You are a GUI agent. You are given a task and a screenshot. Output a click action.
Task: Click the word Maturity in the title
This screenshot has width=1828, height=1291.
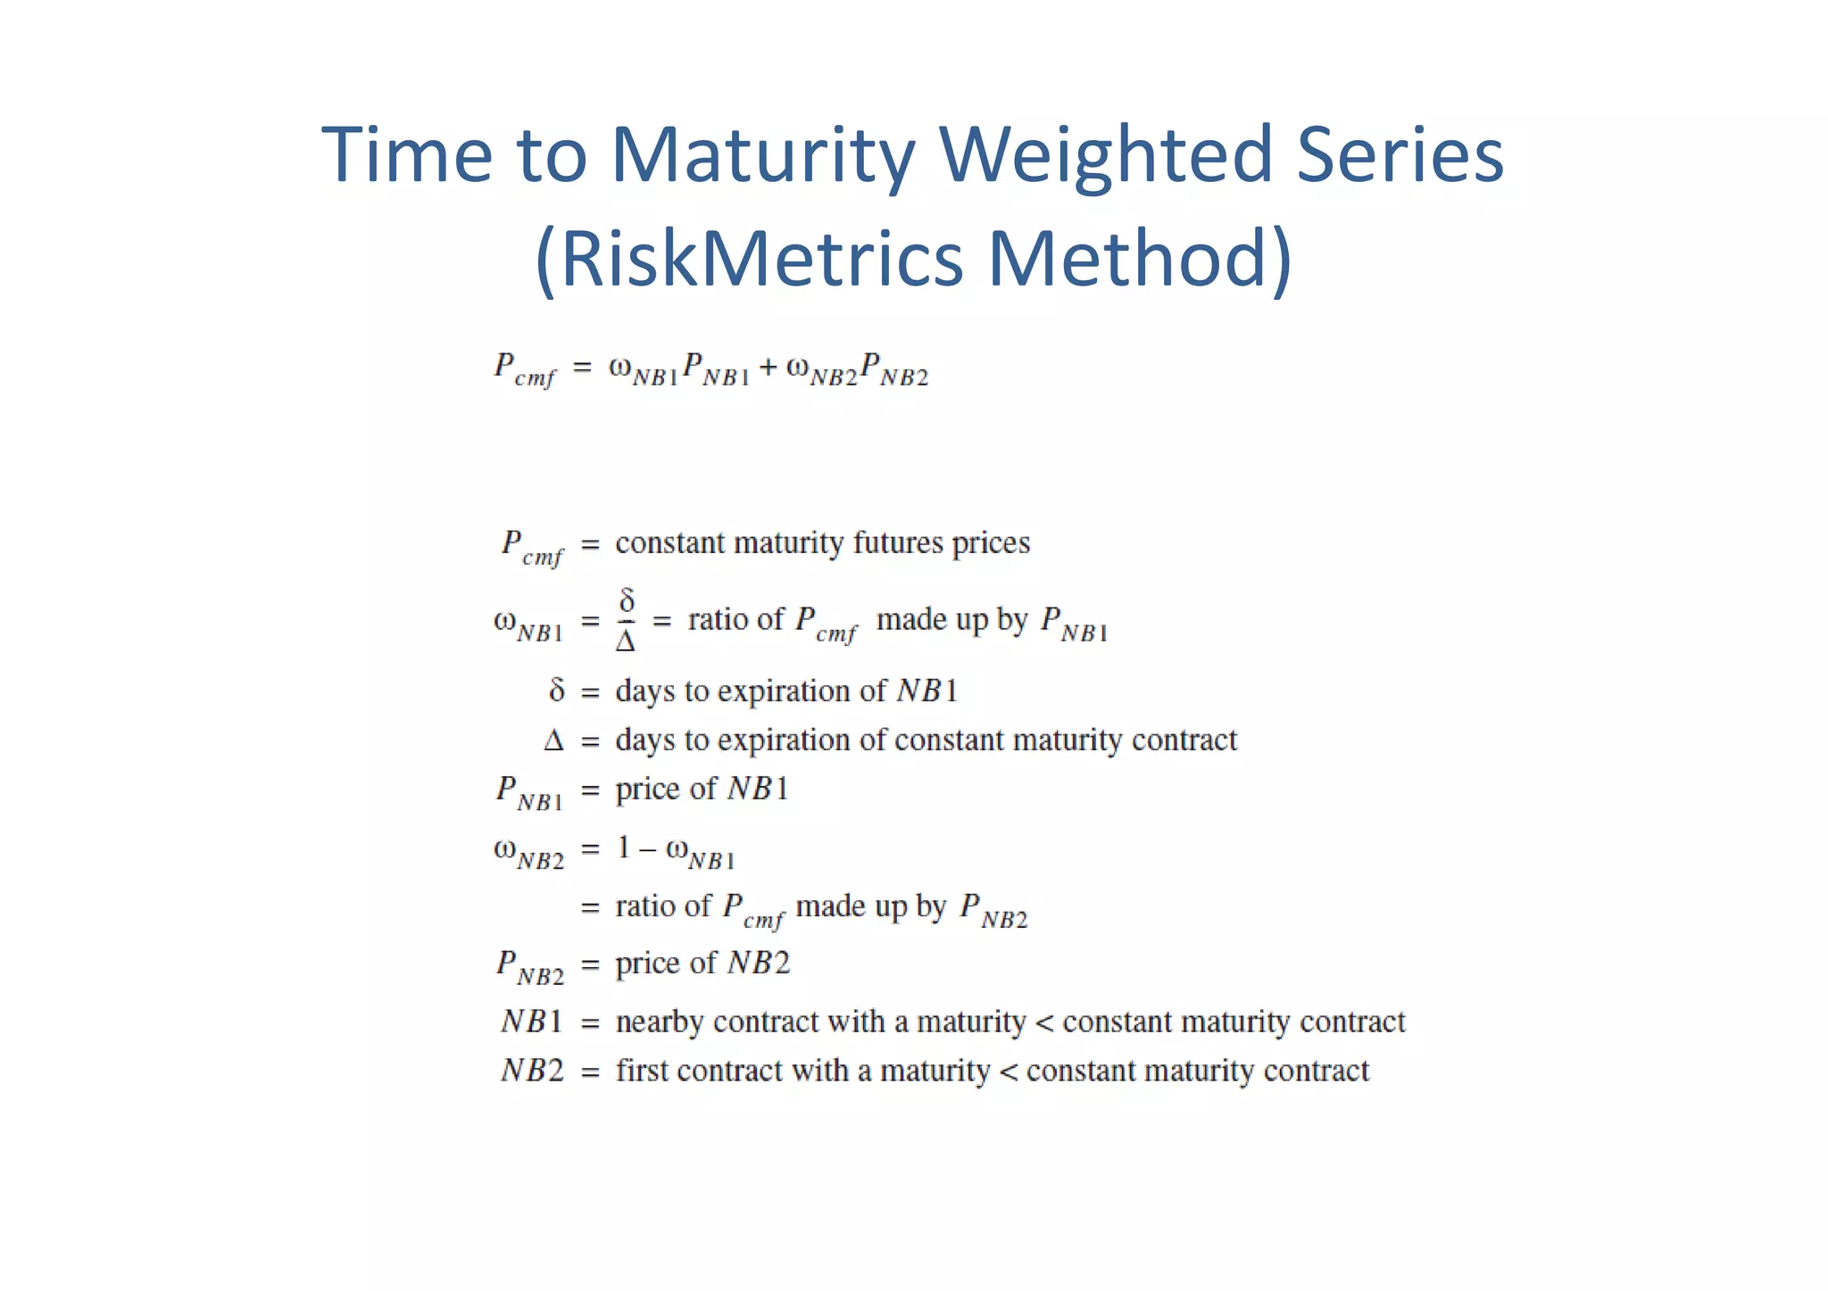[x=762, y=156]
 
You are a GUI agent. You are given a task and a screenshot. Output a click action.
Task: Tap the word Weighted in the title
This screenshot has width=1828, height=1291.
[x=1105, y=156]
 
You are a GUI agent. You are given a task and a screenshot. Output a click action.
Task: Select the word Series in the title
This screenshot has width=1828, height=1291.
[x=1400, y=156]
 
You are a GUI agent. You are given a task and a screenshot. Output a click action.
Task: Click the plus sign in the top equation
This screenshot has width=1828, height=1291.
[x=768, y=368]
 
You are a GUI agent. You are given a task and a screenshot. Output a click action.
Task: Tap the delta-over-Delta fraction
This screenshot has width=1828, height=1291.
[x=626, y=619]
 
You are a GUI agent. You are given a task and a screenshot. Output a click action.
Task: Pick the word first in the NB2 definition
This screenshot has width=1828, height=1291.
[x=642, y=1071]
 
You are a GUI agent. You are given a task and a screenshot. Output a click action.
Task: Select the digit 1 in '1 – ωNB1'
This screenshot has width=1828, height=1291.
[x=624, y=848]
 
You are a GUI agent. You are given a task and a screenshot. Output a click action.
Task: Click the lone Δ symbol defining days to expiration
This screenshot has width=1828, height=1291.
[x=553, y=741]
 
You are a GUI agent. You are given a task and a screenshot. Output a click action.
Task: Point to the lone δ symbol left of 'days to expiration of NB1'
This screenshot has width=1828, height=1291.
[x=557, y=691]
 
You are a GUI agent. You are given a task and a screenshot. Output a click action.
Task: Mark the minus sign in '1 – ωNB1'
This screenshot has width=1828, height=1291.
[x=647, y=850]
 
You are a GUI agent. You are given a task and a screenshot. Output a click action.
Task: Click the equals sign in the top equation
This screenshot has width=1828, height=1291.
[x=582, y=368]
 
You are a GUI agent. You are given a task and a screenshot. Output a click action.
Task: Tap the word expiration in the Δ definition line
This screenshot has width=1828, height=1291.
[x=783, y=741]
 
